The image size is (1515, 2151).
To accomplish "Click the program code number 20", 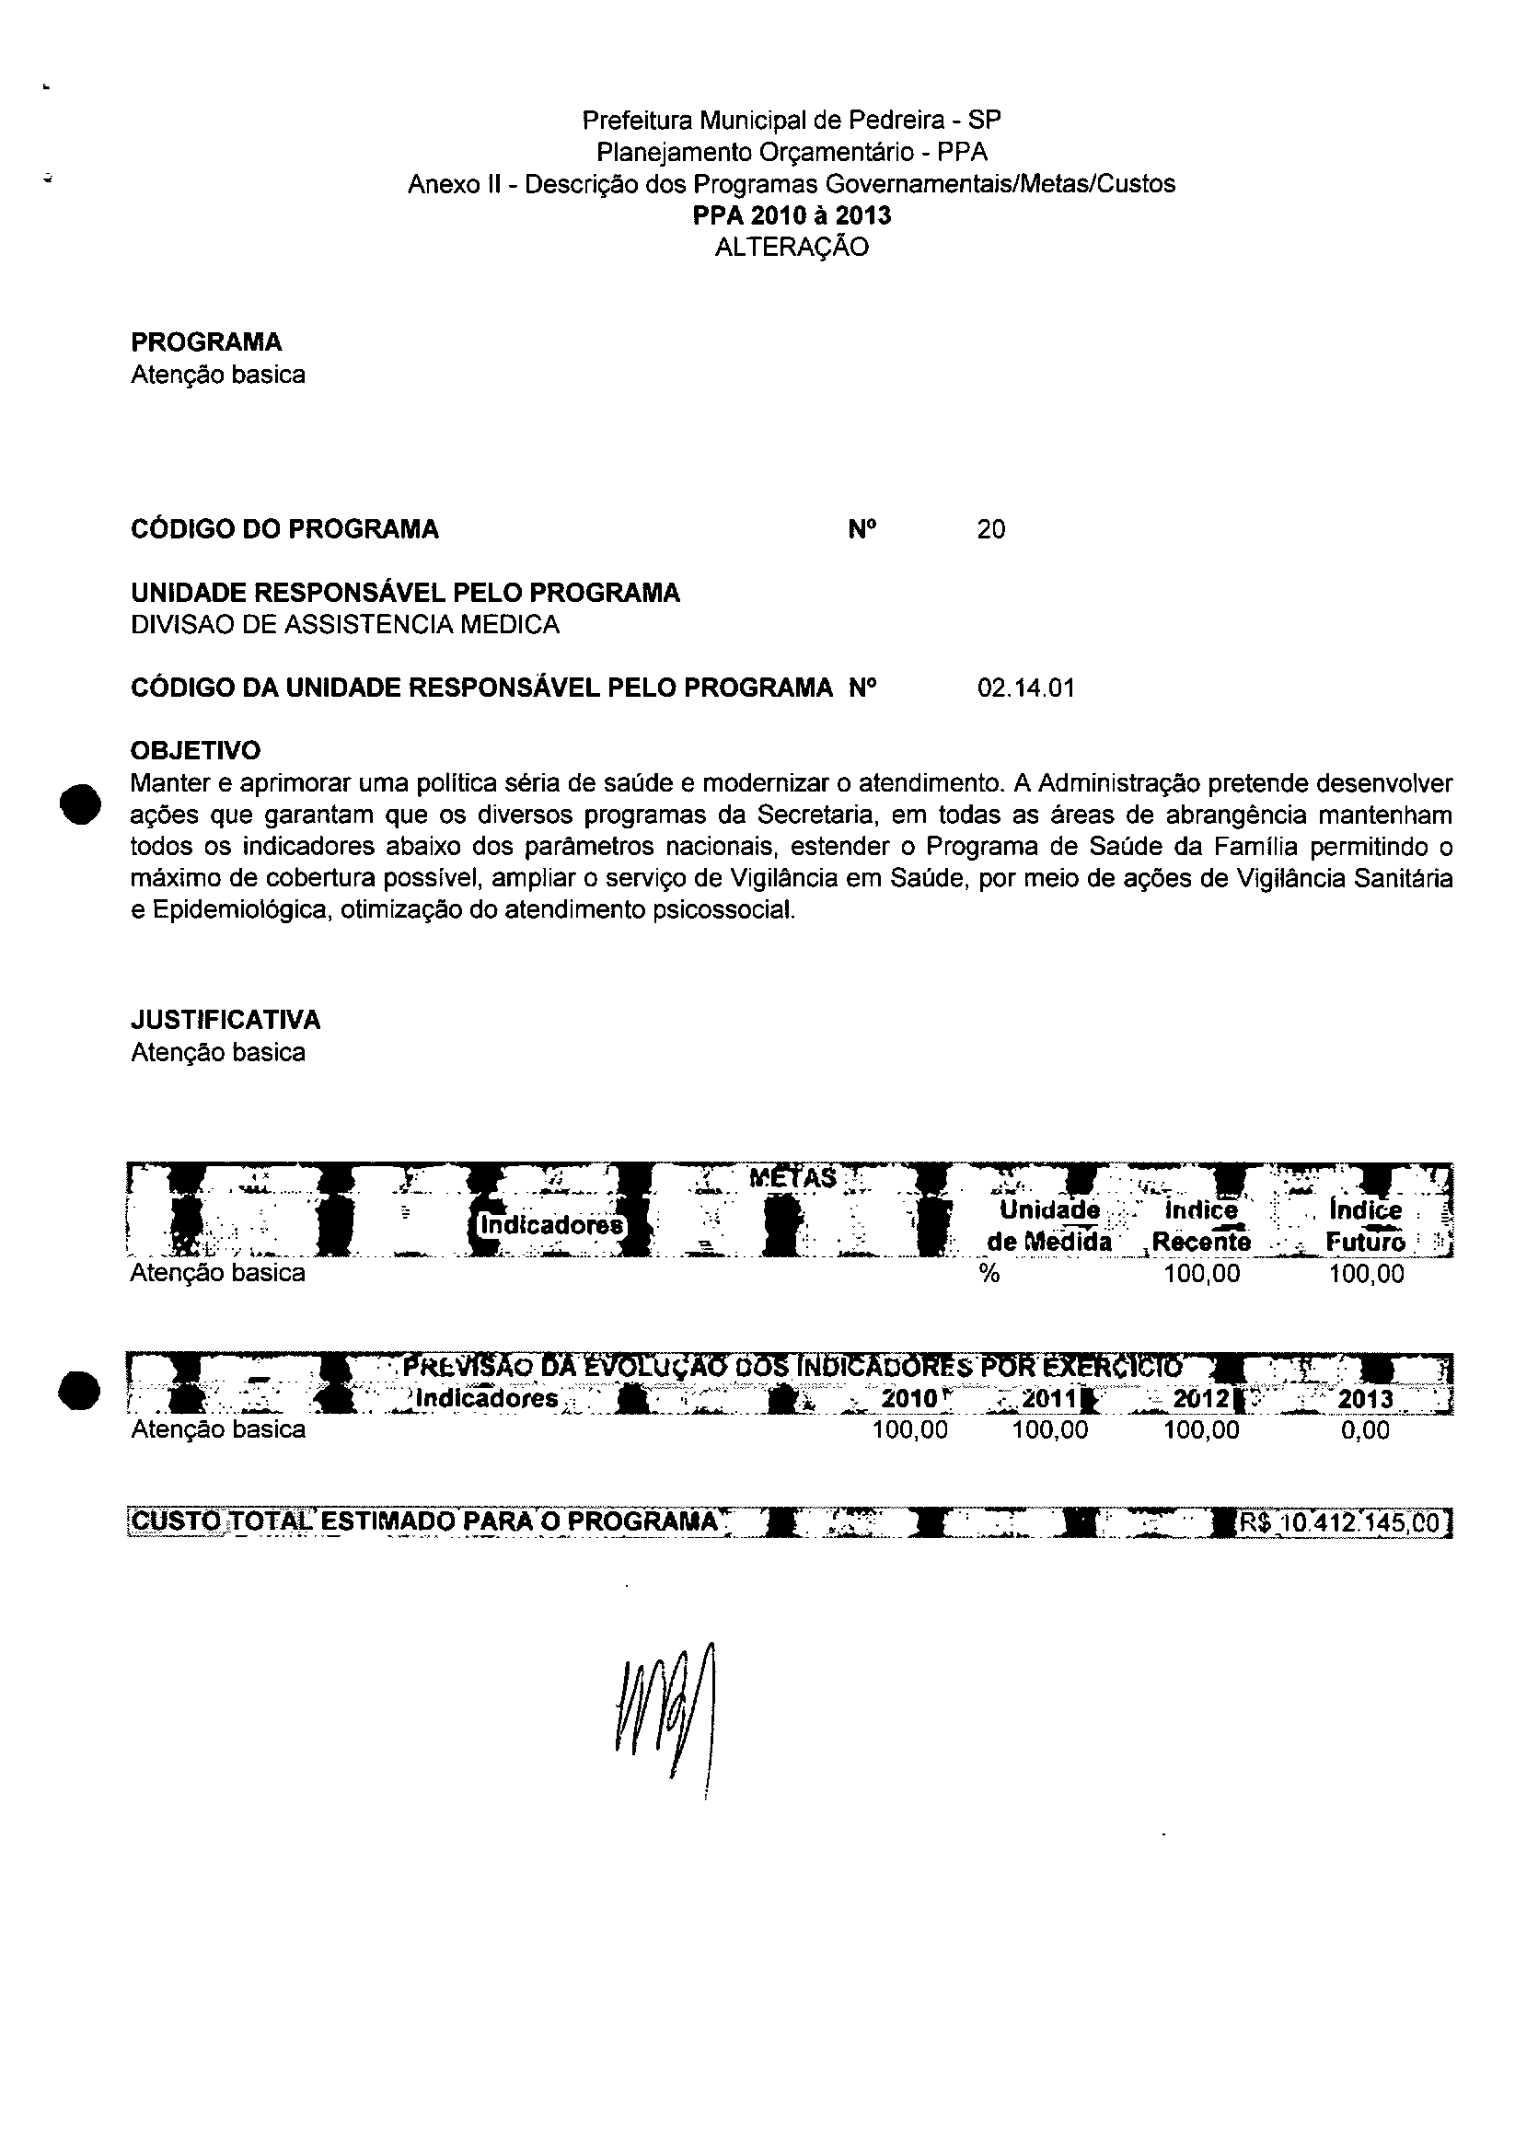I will (990, 530).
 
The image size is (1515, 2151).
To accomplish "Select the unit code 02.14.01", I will (1025, 688).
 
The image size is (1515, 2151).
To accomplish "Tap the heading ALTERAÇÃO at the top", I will (792, 248).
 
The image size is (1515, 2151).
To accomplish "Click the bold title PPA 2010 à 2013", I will (792, 215).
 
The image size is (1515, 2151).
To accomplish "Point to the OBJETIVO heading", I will (196, 750).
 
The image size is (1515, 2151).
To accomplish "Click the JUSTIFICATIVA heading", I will (225, 1019).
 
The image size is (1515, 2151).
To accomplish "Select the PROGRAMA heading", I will (206, 342).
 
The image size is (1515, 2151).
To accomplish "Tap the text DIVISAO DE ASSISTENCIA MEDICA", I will (345, 625).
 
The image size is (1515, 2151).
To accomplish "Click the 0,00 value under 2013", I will (1365, 1430).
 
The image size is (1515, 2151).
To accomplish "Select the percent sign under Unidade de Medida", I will (989, 1274).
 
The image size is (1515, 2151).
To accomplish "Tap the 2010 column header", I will (909, 1399).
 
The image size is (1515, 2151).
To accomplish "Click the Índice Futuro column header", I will (1365, 1226).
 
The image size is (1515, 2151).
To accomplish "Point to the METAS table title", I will (792, 1177).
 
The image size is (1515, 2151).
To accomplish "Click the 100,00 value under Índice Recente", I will (1201, 1274).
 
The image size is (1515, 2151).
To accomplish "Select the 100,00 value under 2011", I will (1050, 1430).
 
